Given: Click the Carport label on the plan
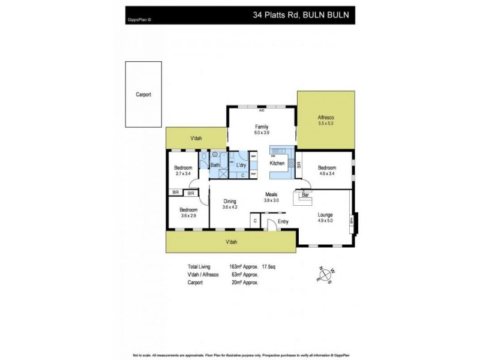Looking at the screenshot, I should (x=143, y=95).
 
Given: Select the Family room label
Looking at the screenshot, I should (x=261, y=127).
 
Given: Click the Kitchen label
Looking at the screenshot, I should (x=277, y=163).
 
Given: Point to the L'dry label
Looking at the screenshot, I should (x=241, y=165).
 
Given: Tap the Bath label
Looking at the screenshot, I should (x=215, y=165).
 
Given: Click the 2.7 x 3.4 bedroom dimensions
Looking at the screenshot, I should (x=182, y=173).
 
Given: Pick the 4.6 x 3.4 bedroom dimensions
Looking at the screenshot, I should (x=326, y=173).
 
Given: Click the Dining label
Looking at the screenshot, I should (x=230, y=202).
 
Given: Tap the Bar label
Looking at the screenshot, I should (x=304, y=196).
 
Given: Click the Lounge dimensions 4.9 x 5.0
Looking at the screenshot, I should (x=326, y=220).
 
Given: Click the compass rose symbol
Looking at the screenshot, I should (x=326, y=276).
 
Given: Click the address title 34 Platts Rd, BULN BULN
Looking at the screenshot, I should (x=302, y=11).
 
